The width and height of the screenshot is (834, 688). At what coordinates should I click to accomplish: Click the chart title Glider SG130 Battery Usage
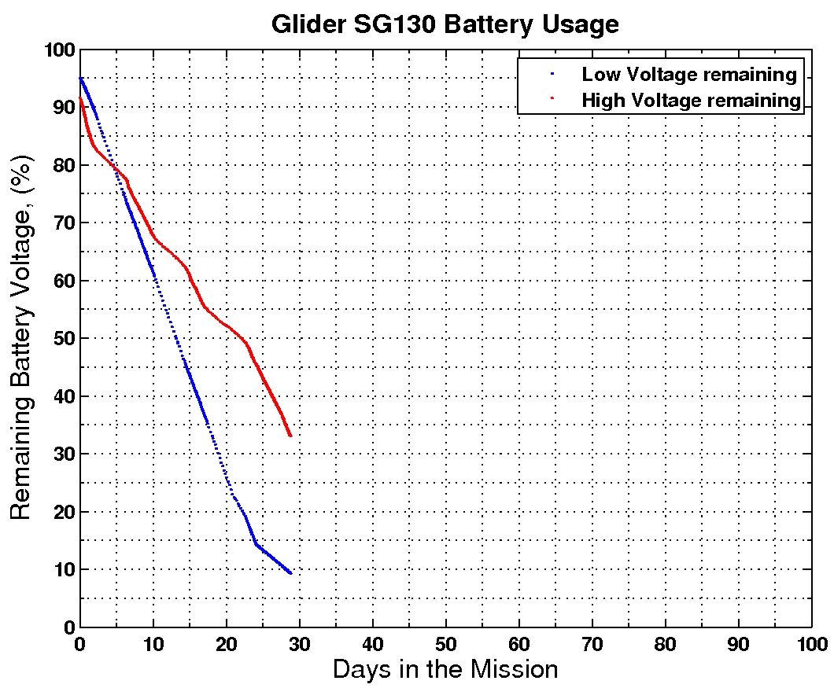tap(445, 24)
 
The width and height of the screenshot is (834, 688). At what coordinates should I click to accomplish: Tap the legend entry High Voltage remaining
tap(691, 100)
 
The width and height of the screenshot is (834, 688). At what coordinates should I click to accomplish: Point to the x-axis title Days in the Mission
tap(445, 669)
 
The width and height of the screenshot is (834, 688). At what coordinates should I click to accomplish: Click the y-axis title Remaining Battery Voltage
tap(22, 338)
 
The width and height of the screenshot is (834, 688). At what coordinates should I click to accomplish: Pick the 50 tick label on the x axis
tap(445, 642)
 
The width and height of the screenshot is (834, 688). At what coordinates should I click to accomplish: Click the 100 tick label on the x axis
tap(811, 642)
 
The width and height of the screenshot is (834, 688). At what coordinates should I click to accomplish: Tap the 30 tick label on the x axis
tap(299, 642)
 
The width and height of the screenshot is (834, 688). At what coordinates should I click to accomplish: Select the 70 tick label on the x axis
tap(592, 642)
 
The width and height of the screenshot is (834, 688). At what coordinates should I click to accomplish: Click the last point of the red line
tap(290, 436)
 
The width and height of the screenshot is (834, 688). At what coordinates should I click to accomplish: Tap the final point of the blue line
tap(290, 573)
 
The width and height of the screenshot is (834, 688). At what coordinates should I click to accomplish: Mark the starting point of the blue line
tap(80, 78)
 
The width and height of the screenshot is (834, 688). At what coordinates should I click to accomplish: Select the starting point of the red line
tap(80, 98)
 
